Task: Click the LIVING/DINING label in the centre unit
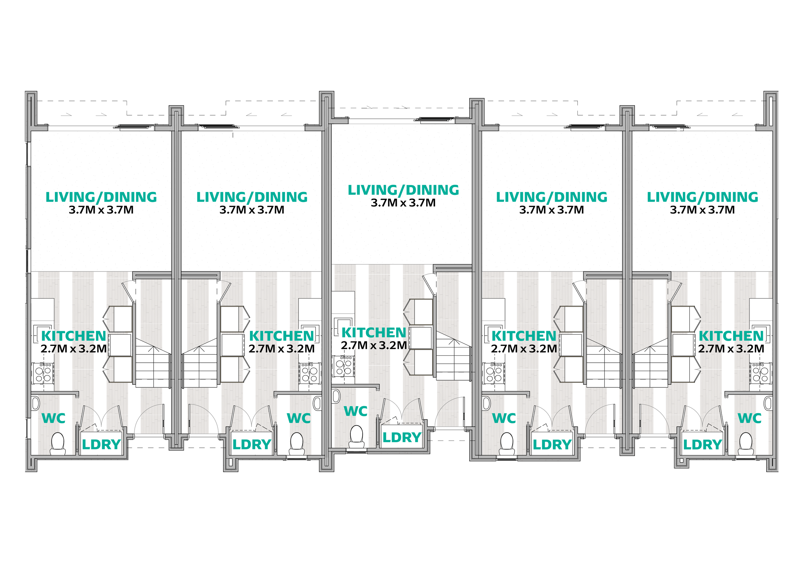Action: (403, 190)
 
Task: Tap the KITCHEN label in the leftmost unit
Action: (73, 336)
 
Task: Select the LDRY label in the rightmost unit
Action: (703, 444)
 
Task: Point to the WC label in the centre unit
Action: (356, 411)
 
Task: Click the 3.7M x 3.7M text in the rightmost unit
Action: (703, 210)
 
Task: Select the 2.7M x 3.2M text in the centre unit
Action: (374, 345)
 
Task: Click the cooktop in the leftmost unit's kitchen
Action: (43, 373)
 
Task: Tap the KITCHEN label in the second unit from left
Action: (282, 336)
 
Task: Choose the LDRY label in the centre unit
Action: (402, 438)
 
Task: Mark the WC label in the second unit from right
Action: (504, 418)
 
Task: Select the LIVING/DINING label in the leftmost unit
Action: (101, 197)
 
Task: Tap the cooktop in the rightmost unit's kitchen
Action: (760, 373)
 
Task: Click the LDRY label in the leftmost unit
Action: (101, 444)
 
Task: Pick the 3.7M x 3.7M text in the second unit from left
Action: (252, 210)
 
